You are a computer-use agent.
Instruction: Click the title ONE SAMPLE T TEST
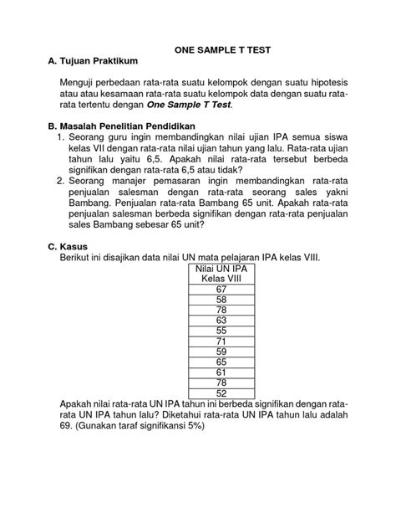(x=222, y=50)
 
